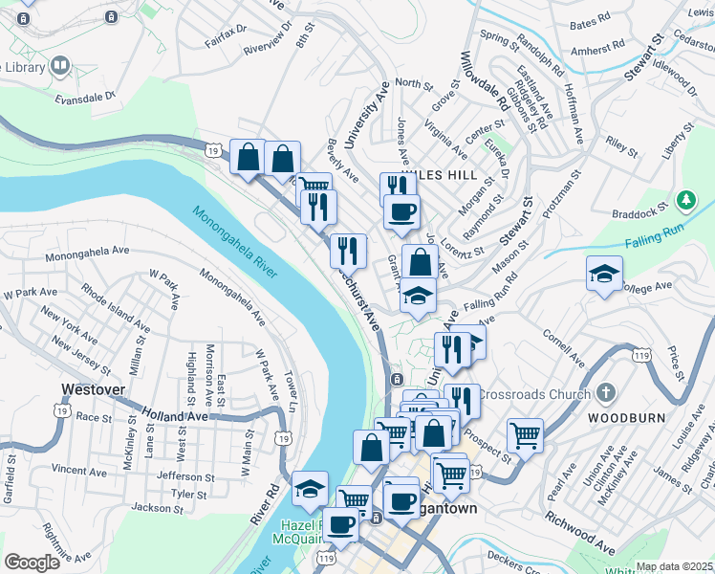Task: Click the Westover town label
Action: click(94, 389)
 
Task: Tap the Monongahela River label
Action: click(233, 243)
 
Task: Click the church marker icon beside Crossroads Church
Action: click(605, 393)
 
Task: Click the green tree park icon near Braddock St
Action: click(685, 201)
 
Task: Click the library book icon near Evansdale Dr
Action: click(61, 65)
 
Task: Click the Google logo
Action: click(32, 562)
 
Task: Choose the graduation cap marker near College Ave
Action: click(603, 274)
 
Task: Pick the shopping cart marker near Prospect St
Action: click(525, 435)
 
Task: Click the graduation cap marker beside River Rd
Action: click(310, 488)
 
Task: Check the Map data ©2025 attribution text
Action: click(674, 566)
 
